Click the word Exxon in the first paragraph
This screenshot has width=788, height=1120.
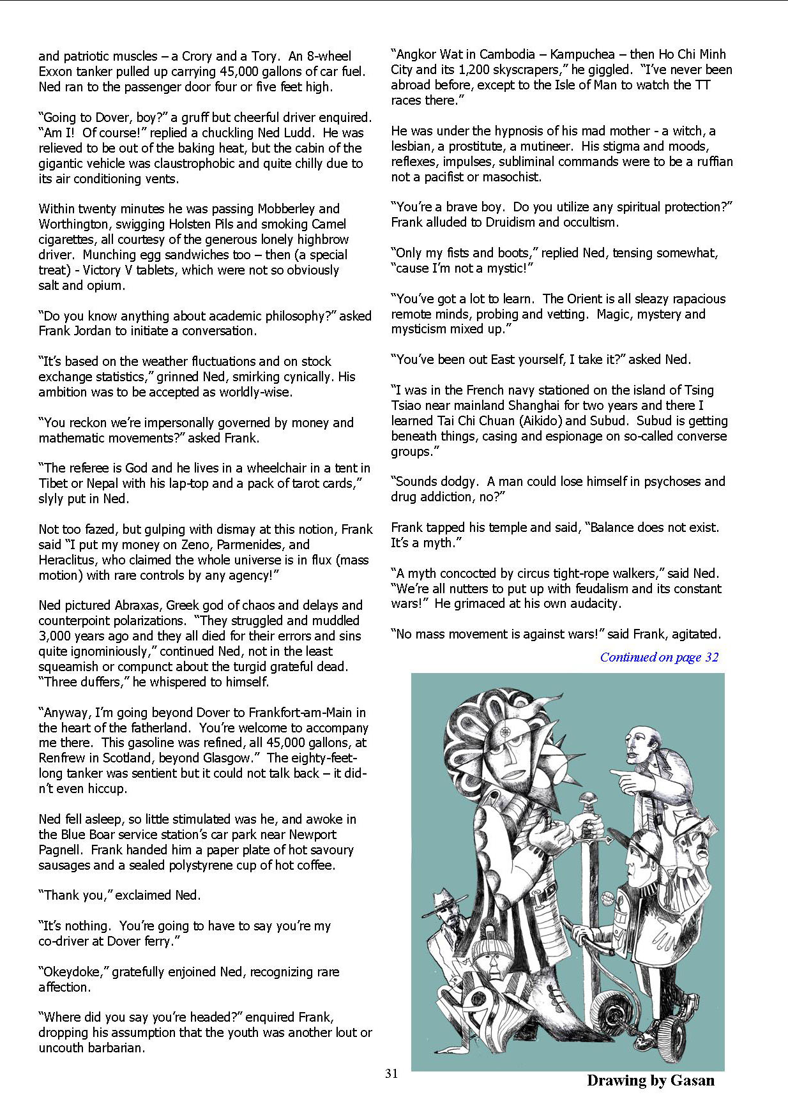tap(57, 72)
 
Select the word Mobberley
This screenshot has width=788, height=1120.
tap(286, 209)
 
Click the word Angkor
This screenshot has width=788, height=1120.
tap(419, 54)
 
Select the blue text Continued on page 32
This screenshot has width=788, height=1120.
tap(659, 657)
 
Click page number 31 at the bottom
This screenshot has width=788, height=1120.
tap(391, 1073)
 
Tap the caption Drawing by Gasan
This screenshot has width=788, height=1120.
tap(650, 1080)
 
